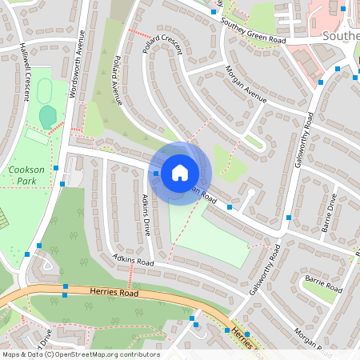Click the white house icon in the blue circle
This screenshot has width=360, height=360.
pyautogui.click(x=180, y=172)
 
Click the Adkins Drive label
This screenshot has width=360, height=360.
pyautogui.click(x=146, y=214)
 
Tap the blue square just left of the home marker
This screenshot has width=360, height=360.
pyautogui.click(x=156, y=173)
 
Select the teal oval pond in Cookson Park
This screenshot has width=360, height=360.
pyautogui.click(x=48, y=117)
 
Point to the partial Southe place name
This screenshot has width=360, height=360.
pyautogui.click(x=340, y=36)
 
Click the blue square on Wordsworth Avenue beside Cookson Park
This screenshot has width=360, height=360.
pyautogui.click(x=62, y=184)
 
